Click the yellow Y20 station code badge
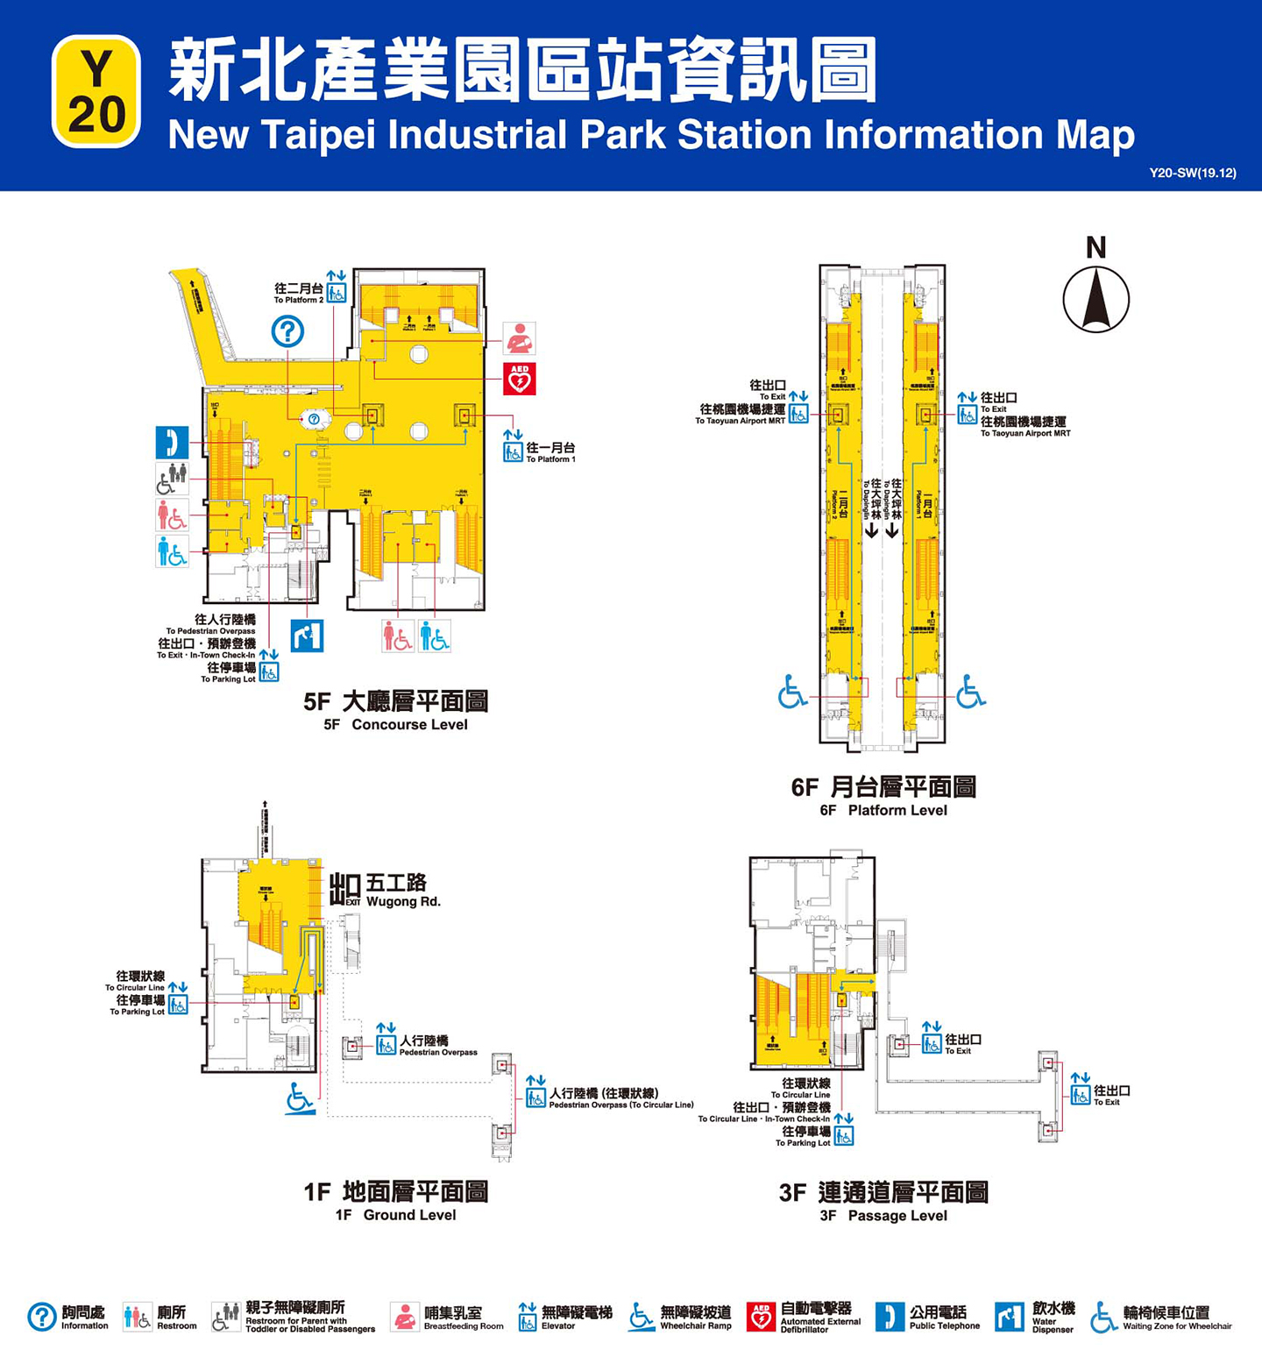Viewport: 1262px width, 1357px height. point(96,91)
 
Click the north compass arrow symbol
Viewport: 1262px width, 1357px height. point(1095,299)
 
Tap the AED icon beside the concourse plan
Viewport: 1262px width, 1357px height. point(519,379)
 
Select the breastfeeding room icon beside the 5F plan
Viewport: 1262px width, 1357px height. point(519,337)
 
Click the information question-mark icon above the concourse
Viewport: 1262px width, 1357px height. point(287,331)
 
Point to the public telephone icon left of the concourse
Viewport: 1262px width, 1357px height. point(172,442)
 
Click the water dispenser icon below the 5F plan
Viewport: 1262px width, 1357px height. point(307,636)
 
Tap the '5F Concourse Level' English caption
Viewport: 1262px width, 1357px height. point(395,724)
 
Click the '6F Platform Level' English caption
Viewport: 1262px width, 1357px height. point(883,810)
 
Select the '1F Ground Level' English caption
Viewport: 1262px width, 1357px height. point(395,1215)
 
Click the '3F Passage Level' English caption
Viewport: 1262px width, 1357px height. point(883,1216)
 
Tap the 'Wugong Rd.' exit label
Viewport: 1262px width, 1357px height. point(403,902)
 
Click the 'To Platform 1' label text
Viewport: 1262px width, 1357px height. point(550,459)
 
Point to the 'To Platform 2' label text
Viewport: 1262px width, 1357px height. point(299,300)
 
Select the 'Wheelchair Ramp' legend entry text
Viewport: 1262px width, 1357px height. point(696,1326)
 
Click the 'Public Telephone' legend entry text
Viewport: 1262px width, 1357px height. point(945,1326)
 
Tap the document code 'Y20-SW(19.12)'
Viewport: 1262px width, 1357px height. point(1192,173)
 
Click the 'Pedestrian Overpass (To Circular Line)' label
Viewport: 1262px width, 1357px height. point(621,1105)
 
